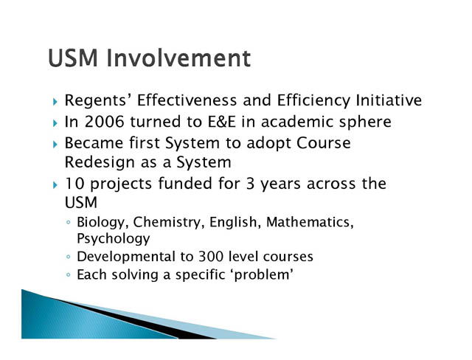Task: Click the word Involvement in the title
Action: [178, 58]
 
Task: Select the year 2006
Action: [105, 122]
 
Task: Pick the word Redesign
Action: [100, 163]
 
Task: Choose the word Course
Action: [324, 142]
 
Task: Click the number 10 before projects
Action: [74, 184]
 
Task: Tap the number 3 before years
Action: [251, 184]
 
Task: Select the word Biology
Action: [105, 223]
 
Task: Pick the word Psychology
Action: [113, 239]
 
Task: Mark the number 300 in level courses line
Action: [211, 257]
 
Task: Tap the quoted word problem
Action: [262, 275]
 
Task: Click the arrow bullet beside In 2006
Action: [55, 122]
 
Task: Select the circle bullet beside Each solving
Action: [69, 275]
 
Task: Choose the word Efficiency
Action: [313, 101]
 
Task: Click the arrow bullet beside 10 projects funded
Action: [55, 185]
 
